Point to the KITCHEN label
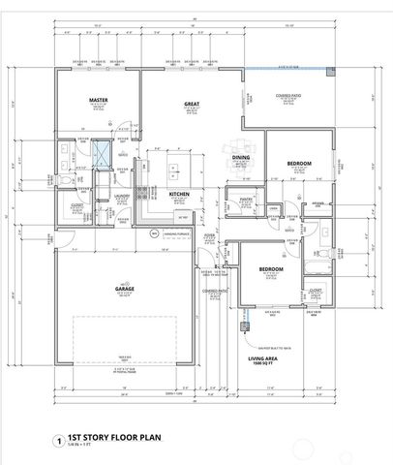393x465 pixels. [x=179, y=194]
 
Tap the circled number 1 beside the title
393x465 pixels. [x=61, y=440]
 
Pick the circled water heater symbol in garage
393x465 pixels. [x=151, y=233]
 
